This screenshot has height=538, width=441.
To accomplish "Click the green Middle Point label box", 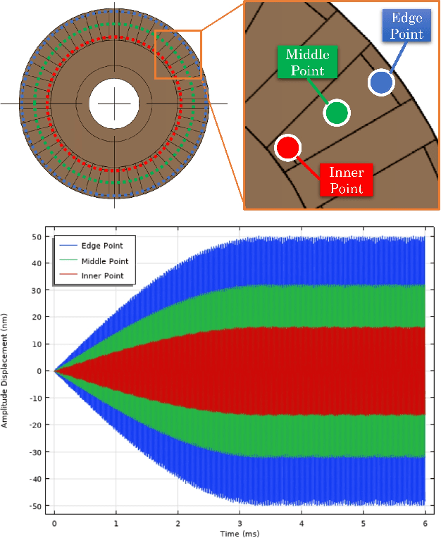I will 307,62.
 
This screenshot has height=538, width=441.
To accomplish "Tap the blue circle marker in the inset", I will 381,83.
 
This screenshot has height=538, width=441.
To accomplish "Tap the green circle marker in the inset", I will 337,112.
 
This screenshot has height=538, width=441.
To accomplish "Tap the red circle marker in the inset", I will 287,148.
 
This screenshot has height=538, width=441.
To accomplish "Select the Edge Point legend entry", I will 103,245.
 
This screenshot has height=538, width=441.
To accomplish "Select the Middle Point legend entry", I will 105,261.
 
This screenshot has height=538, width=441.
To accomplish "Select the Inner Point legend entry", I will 103,275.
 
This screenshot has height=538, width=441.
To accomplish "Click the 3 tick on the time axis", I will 240,524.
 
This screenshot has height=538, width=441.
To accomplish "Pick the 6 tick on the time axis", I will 426,524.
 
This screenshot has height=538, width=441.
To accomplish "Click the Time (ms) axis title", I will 240,534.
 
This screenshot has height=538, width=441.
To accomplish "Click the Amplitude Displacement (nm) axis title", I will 5,370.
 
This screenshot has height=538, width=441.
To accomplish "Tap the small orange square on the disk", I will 178,54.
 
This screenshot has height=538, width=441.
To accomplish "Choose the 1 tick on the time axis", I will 116,524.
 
